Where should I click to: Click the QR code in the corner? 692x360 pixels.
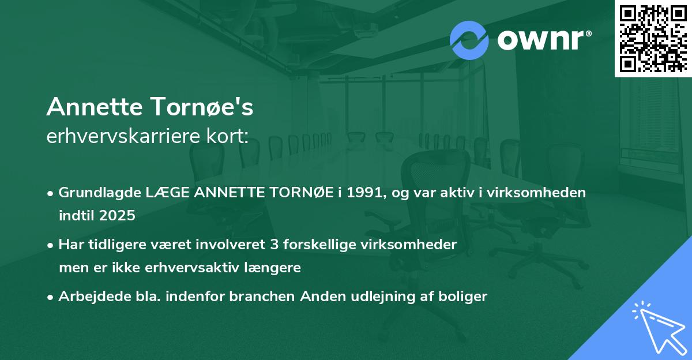click(x=653, y=38)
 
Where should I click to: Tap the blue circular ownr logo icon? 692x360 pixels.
click(x=469, y=40)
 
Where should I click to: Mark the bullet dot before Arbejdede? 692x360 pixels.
click(x=51, y=297)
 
